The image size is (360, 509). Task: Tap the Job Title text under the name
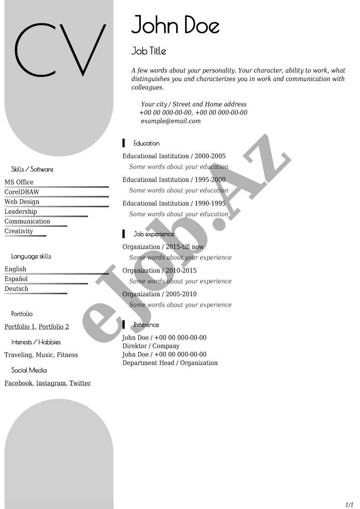tap(149, 51)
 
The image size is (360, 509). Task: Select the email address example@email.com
tap(171, 121)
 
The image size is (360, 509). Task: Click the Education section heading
tap(146, 144)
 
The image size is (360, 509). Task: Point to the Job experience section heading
tap(154, 234)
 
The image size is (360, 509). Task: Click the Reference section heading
tap(146, 325)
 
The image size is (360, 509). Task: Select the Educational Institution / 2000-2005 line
tap(174, 156)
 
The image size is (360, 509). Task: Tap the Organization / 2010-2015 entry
tap(159, 270)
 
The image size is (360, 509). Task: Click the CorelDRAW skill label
tap(22, 192)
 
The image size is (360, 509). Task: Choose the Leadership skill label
tap(21, 212)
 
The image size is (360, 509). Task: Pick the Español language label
tap(16, 279)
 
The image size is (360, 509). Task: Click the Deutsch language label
tap(16, 289)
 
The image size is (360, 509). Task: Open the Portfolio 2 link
tap(54, 327)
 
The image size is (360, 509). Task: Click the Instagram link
tap(51, 383)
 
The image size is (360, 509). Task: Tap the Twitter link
tap(80, 383)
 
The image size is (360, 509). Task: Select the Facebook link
tap(18, 383)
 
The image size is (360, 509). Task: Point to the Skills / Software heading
tap(32, 170)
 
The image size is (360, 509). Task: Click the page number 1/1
tap(350, 504)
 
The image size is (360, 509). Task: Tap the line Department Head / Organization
tap(170, 363)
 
